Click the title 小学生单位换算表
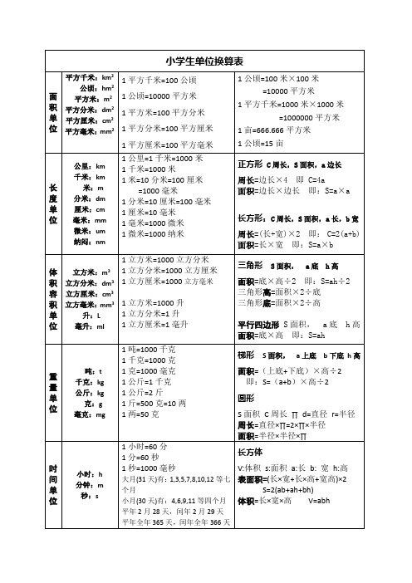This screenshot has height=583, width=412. pos(204,61)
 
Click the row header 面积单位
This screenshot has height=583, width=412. pos(53,113)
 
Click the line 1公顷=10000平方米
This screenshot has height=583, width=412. pos(159,96)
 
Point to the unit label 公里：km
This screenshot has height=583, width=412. pos(89,166)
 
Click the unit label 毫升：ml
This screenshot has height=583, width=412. pos(89,327)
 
